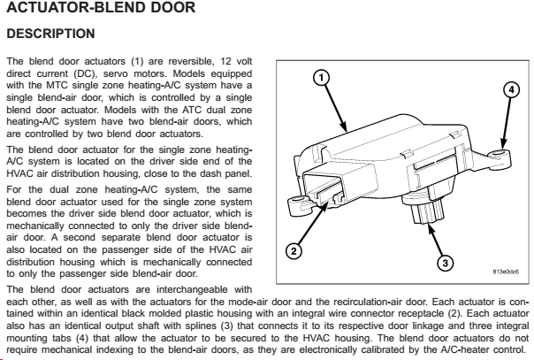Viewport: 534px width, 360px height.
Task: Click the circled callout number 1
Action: pos(321,78)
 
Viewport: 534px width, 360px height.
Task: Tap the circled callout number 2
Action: pos(294,252)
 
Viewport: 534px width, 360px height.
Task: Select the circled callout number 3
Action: pos(445,263)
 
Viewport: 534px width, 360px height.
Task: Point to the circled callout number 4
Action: pos(511,90)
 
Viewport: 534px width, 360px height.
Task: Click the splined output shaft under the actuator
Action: pos(426,211)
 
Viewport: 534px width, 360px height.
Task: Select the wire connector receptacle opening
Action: pos(323,189)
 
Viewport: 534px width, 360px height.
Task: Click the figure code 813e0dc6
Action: pos(506,272)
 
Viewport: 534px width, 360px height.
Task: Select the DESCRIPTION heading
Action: pos(50,34)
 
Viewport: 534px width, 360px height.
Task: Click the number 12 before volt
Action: pos(225,61)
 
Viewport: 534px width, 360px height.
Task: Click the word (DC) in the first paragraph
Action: pos(86,74)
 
